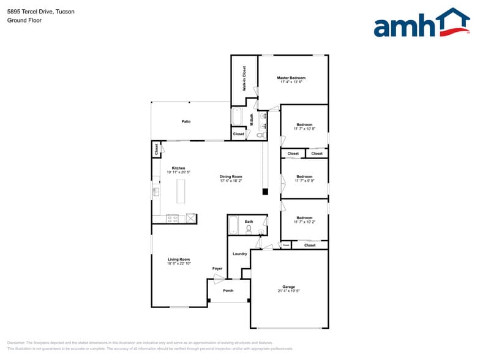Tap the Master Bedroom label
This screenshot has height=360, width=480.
point(291,78)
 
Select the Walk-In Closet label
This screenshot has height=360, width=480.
point(244,79)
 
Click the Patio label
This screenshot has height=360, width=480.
point(186,121)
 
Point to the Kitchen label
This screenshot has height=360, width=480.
point(178,168)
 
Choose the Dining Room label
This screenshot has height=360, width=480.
point(231,177)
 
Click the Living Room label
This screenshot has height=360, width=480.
point(179,259)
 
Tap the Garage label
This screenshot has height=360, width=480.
point(288,287)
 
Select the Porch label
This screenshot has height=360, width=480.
point(228,290)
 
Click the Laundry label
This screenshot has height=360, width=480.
point(239,253)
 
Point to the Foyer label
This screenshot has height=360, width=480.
point(217,268)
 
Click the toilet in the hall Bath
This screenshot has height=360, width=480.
point(249,229)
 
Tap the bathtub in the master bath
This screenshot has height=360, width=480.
point(237,116)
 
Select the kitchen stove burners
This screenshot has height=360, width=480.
point(172,217)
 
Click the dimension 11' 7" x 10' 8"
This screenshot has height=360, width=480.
point(304,129)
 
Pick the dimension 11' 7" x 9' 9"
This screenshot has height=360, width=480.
point(304,181)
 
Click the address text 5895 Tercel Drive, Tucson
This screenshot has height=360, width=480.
point(41,11)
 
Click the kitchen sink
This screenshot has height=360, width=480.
point(156,192)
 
